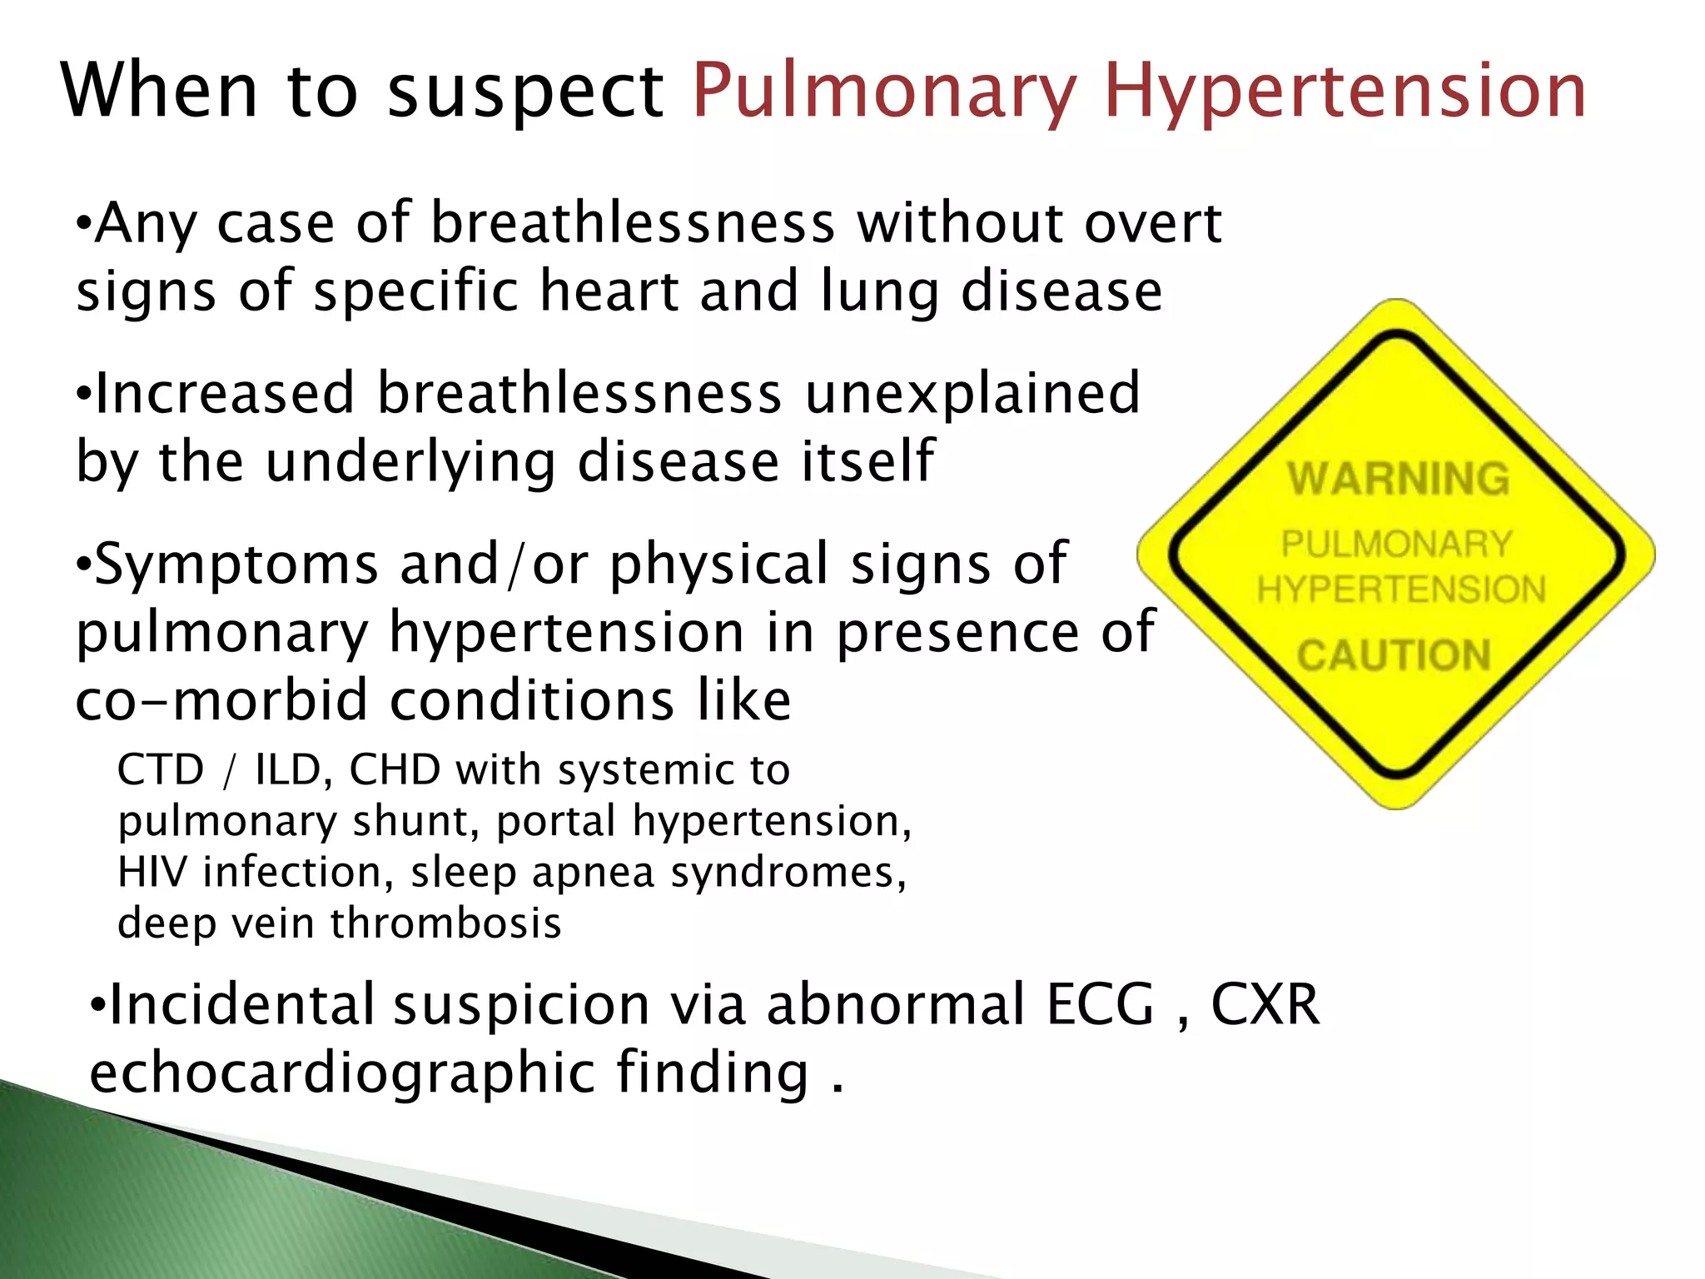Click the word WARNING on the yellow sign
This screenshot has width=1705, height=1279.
1399,479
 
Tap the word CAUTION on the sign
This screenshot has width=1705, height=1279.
1394,655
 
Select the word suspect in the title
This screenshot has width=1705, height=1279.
526,92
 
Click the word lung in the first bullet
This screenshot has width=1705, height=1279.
880,291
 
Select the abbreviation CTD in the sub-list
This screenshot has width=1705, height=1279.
161,769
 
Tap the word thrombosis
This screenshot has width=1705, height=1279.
446,923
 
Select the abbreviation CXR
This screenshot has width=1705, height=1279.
1265,1004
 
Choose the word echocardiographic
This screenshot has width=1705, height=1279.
342,1072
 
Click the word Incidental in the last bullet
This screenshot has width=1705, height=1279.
241,1004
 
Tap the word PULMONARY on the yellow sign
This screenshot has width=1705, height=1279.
1397,545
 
